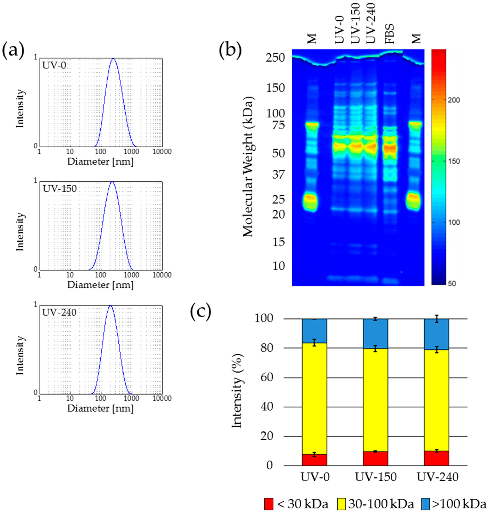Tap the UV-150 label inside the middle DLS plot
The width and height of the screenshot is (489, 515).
(x=60, y=188)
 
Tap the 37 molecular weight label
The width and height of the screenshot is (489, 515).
(x=278, y=175)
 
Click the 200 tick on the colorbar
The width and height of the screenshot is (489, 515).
(x=454, y=100)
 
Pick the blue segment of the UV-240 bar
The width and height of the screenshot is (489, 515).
(x=436, y=334)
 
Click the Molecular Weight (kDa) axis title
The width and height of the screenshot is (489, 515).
(x=248, y=167)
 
